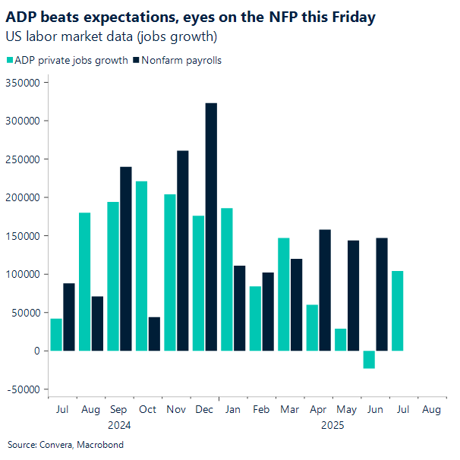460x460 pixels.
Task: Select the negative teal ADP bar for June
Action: pyautogui.click(x=369, y=359)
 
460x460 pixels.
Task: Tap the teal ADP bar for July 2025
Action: pyautogui.click(x=397, y=310)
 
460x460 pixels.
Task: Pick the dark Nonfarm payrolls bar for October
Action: pyautogui.click(x=154, y=334)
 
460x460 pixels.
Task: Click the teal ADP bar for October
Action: pyautogui.click(x=142, y=266)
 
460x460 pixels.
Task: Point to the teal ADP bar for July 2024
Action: pyautogui.click(x=56, y=335)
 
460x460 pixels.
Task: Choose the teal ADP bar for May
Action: pyautogui.click(x=341, y=339)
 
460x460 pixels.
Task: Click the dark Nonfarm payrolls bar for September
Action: pyautogui.click(x=126, y=259)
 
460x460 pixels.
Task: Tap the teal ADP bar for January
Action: pyautogui.click(x=227, y=279)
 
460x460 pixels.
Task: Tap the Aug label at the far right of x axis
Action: pyautogui.click(x=430, y=410)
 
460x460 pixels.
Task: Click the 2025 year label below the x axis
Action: pyautogui.click(x=332, y=425)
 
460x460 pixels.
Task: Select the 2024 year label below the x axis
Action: pyautogui.click(x=119, y=425)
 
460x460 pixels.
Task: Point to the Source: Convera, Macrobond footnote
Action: pyautogui.click(x=65, y=445)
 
